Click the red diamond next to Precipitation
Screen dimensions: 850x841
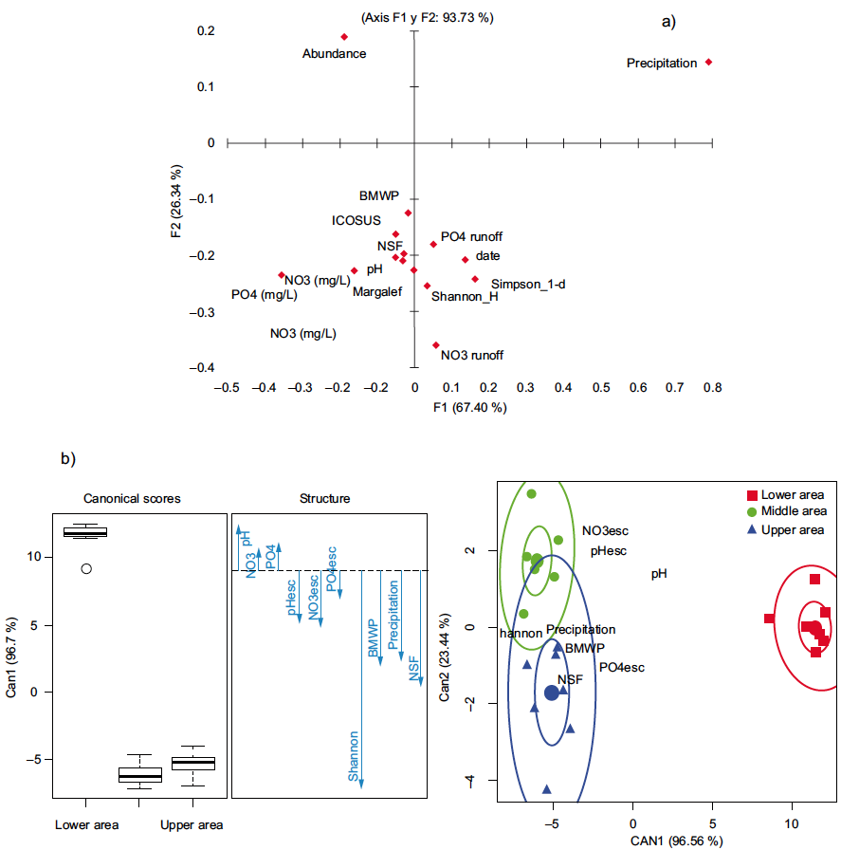(708, 63)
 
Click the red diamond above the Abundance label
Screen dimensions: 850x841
(344, 37)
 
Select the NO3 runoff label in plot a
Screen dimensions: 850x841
(471, 356)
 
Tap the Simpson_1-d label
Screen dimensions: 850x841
(528, 284)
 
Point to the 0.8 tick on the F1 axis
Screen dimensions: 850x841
(712, 387)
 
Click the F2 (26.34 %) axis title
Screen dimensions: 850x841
(176, 212)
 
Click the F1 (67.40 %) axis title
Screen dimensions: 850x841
(469, 408)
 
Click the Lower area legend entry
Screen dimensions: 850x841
(785, 495)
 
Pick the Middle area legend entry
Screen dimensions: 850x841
(786, 512)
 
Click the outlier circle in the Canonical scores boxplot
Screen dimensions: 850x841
(86, 569)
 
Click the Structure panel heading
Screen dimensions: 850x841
(324, 498)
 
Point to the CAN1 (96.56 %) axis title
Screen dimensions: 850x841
(669, 841)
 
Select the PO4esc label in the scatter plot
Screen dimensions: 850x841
(621, 668)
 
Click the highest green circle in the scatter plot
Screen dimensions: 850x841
(532, 494)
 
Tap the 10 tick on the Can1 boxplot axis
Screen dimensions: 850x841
(34, 557)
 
